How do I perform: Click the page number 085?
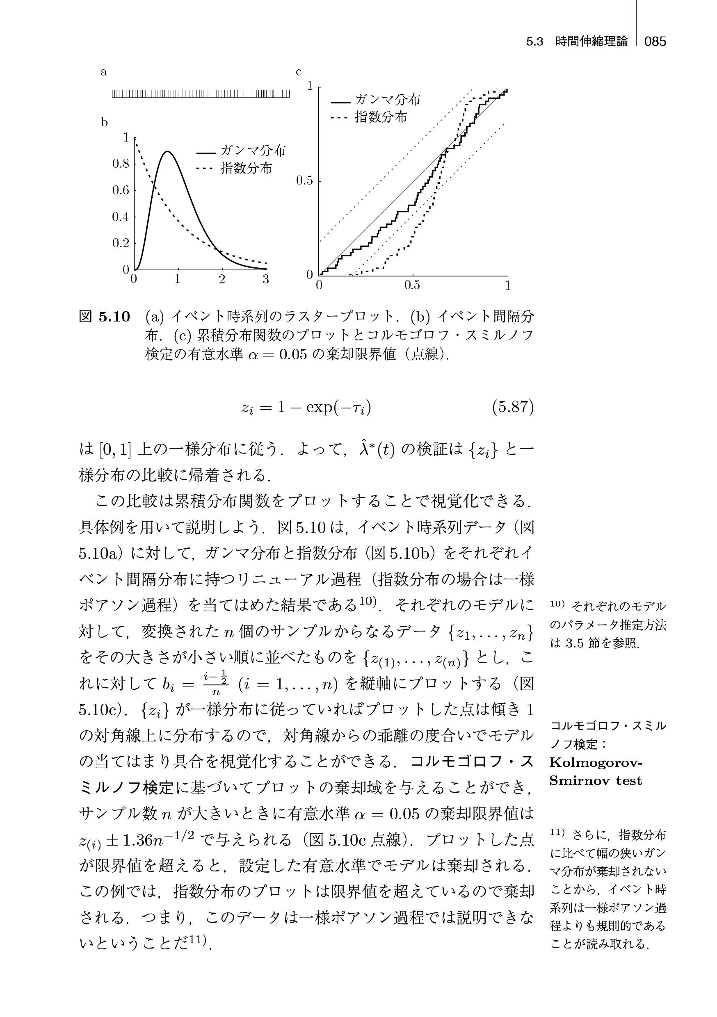[x=655, y=42]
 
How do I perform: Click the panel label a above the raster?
[x=104, y=72]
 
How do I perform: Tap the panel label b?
[x=104, y=122]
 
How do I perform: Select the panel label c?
[x=299, y=72]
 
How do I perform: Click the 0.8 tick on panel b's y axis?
[x=121, y=164]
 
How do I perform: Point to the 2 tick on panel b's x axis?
[x=221, y=280]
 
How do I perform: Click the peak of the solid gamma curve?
[x=167, y=151]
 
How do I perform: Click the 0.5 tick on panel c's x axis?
[x=412, y=286]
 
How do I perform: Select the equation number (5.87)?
[x=513, y=407]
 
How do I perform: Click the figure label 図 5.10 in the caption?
[x=105, y=317]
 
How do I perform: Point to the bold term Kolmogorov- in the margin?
[x=596, y=763]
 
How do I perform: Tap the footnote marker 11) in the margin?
[x=556, y=832]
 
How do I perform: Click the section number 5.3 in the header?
[x=535, y=42]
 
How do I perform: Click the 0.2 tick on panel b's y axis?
[x=121, y=243]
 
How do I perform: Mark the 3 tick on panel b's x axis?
[x=265, y=280]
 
